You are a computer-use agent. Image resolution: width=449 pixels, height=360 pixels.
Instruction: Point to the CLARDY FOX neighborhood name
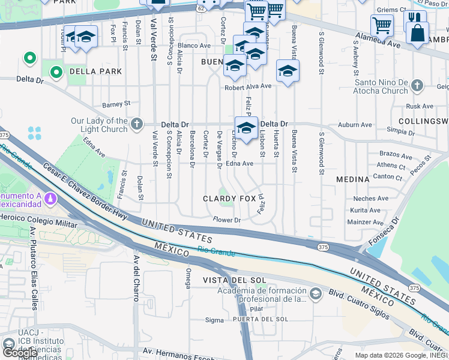click(x=229, y=198)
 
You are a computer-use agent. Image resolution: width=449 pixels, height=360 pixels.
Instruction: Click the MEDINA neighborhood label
click(x=352, y=179)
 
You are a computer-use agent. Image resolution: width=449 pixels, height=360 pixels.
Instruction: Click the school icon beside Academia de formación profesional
click(x=316, y=293)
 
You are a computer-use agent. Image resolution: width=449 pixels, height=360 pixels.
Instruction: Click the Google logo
click(x=19, y=352)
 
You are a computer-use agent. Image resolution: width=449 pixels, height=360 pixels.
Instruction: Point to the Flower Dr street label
click(x=227, y=220)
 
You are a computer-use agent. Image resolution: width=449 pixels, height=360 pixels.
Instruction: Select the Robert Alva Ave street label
click(x=248, y=86)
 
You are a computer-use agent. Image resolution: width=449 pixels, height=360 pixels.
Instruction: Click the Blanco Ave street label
click(x=194, y=45)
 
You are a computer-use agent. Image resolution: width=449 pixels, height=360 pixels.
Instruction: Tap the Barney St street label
click(x=116, y=104)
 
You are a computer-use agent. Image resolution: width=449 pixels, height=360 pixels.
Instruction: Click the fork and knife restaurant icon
click(x=415, y=20)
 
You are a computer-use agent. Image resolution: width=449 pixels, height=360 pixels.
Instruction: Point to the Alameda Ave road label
click(x=378, y=41)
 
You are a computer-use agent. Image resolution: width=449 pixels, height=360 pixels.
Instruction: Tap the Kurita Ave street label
click(x=366, y=210)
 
